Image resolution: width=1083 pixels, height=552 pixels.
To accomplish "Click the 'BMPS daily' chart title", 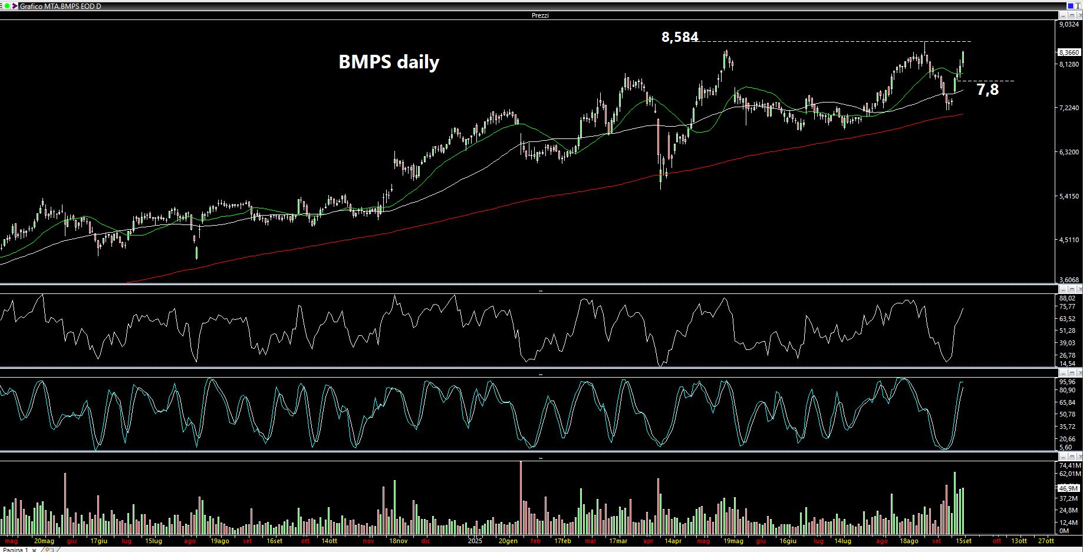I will [x=389, y=62].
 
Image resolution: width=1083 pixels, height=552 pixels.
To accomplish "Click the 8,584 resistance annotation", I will [x=680, y=37].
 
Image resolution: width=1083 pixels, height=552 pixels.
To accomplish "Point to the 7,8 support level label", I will [x=987, y=90].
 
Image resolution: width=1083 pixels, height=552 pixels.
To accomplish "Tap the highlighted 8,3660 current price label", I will [x=1069, y=52].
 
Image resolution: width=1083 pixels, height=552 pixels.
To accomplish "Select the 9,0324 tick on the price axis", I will [x=1069, y=24].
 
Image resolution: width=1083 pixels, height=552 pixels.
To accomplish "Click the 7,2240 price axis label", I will [x=1069, y=108].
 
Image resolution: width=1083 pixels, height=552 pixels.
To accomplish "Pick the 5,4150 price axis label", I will [x=1069, y=196].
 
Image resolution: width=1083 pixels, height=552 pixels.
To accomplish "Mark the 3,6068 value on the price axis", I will [x=1069, y=280].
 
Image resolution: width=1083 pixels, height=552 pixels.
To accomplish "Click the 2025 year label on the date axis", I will [x=475, y=541].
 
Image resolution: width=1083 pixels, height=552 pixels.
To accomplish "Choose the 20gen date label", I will [x=508, y=541].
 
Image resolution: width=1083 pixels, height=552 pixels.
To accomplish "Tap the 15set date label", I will [x=963, y=541].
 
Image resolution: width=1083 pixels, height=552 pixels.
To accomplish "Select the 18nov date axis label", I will [x=399, y=541].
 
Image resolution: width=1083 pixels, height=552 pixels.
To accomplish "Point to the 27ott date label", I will [x=1046, y=541].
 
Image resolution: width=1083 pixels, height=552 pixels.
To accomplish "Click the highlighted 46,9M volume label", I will [x=1068, y=488].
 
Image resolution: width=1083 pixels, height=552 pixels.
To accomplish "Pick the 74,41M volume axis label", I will [x=1069, y=465].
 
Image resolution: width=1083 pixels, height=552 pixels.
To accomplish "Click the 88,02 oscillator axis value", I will [x=1067, y=299].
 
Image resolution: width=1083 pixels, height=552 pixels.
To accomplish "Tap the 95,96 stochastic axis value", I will [x=1067, y=382].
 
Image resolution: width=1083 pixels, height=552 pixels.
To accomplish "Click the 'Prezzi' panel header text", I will [x=540, y=15].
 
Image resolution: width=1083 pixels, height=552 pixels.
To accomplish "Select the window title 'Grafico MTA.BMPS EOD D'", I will [x=60, y=6].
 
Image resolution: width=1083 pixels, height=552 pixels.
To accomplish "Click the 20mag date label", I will [x=44, y=541].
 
